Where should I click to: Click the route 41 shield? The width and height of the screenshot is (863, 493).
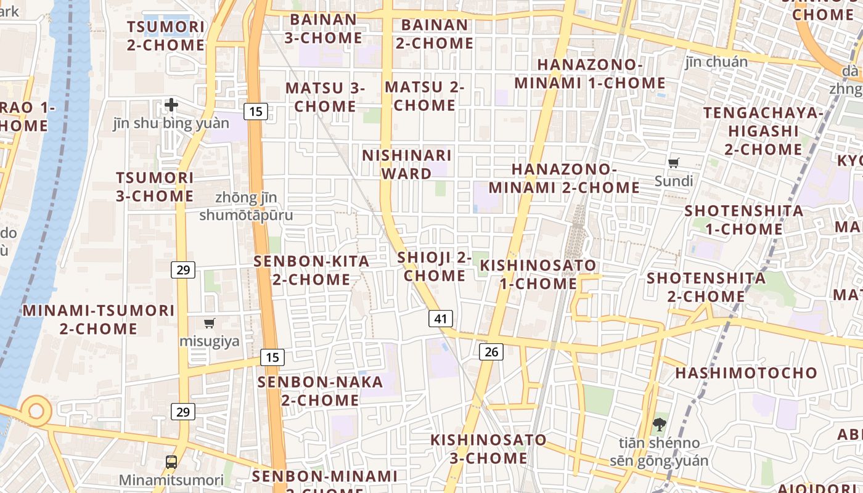440,319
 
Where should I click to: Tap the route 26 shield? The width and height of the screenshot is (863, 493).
491,352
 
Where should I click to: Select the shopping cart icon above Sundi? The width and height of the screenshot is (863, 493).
674,163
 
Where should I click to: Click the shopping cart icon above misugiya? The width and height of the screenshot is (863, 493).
210,323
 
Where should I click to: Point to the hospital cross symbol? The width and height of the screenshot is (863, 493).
171,105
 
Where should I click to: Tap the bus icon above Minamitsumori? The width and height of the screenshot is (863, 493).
171,462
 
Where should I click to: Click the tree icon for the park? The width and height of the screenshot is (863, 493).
659,424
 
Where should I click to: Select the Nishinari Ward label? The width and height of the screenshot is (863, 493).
407,165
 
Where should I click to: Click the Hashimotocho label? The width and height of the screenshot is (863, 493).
746,373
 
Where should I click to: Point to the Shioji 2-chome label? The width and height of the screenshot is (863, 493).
435,266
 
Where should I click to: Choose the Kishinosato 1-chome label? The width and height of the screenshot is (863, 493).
538,275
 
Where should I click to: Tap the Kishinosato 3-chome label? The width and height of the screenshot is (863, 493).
488,449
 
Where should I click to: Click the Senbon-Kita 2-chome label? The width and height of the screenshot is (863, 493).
312,271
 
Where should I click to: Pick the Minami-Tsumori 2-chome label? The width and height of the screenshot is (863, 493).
99,319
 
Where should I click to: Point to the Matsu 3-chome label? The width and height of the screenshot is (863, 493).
325,97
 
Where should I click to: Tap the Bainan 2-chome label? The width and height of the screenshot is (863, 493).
435,35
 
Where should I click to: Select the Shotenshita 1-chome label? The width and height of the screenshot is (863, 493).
744,220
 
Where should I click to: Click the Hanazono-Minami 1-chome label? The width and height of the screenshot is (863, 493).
590,74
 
